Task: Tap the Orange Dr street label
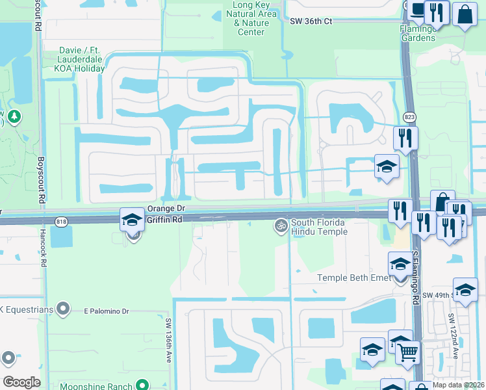(x=167, y=209)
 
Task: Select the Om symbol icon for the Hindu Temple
(x=281, y=225)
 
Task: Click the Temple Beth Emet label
(x=353, y=278)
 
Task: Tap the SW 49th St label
(x=437, y=296)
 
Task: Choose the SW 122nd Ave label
(x=453, y=331)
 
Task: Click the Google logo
(x=21, y=382)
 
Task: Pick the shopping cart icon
(x=407, y=352)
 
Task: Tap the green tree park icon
(x=13, y=116)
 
